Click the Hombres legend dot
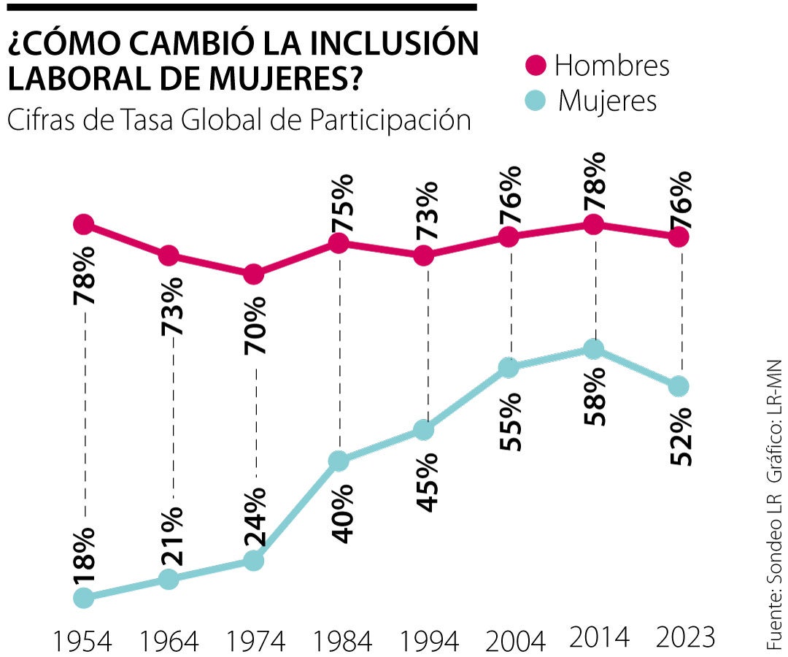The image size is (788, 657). (537, 65)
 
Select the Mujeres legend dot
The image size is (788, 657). (537, 101)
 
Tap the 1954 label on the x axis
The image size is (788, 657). (82, 641)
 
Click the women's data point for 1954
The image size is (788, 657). (84, 598)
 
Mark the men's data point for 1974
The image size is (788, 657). (254, 274)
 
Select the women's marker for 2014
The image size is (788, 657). (595, 350)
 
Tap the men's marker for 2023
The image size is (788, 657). (679, 237)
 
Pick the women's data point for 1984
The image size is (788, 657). (339, 461)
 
